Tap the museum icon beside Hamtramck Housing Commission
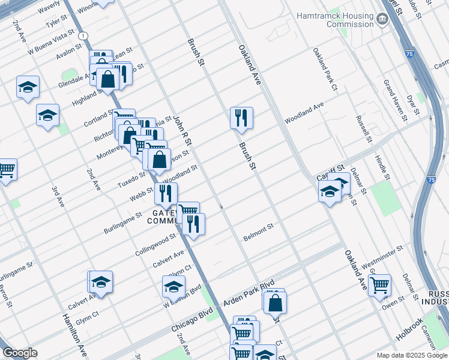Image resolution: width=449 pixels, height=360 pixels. tap(382, 20)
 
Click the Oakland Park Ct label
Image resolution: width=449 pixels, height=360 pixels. tap(326, 70)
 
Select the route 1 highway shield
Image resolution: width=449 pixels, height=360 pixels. tap(82, 37)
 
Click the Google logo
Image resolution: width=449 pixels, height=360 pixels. tap(20, 353)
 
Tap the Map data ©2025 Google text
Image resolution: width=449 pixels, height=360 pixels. tap(411, 355)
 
